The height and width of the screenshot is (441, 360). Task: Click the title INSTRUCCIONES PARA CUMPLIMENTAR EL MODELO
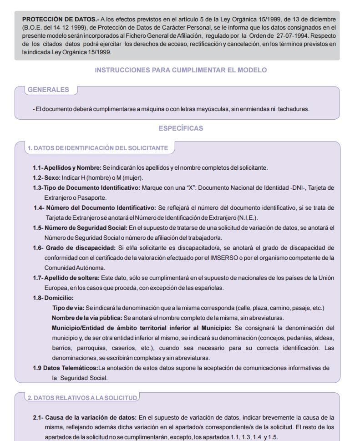tap(181, 70)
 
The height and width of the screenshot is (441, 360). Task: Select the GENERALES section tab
tap(49, 90)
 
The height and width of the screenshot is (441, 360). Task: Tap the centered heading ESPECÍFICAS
tap(181, 129)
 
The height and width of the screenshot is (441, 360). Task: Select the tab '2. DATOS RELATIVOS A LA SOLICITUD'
tap(82, 398)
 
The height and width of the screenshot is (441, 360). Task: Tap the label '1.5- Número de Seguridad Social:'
tap(81, 228)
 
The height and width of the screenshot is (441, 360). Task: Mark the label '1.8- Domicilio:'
tap(53, 298)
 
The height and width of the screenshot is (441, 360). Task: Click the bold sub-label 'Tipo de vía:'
tap(68, 308)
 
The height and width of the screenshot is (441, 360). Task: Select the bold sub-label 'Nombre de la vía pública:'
tap(87, 318)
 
